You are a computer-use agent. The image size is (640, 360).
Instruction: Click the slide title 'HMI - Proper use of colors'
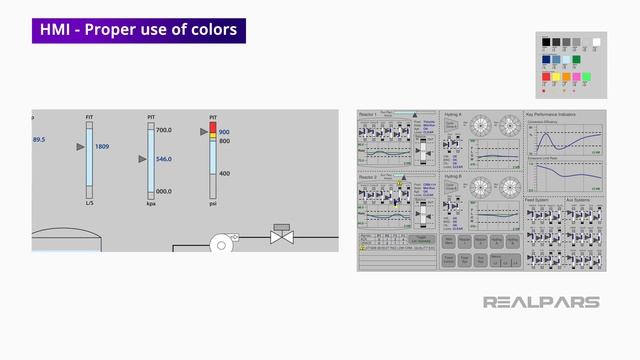tap(138, 30)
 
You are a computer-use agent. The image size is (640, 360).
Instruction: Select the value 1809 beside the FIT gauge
tap(102, 147)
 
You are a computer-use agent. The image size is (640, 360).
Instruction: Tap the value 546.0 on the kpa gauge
tap(163, 159)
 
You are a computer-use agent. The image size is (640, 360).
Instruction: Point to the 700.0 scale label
tap(164, 130)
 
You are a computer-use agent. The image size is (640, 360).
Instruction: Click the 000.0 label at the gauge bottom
tap(164, 191)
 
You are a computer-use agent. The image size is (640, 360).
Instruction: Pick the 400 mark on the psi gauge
tap(225, 174)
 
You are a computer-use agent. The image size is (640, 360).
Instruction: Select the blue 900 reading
tap(224, 132)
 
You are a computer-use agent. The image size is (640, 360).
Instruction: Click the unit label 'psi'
tap(213, 203)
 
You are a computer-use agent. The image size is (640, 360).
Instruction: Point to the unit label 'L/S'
tap(89, 203)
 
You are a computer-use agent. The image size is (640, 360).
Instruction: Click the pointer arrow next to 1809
tap(81, 147)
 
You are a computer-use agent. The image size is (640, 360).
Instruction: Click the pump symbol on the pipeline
tap(219, 242)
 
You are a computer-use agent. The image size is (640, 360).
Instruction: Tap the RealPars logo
tap(541, 302)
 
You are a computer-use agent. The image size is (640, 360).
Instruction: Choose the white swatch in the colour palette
tap(597, 43)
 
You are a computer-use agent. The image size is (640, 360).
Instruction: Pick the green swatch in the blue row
tap(576, 60)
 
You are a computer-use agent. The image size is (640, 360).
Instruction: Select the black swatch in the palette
tap(546, 43)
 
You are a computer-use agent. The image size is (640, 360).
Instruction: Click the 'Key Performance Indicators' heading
tap(551, 115)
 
